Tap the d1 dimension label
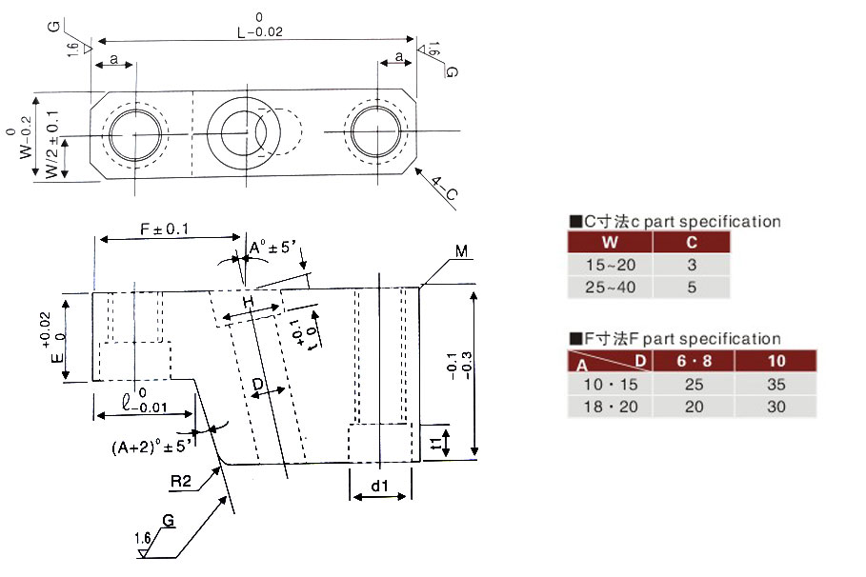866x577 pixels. pos(379,487)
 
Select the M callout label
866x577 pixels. pos(460,251)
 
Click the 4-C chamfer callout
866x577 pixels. pos(444,189)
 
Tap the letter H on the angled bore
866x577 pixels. pos(249,302)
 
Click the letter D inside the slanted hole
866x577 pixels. pos(257,385)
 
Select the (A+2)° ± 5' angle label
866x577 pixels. pos(152,444)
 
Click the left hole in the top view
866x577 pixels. pos(134,134)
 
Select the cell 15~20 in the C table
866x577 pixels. pos(612,265)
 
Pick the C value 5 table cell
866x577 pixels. pos(692,288)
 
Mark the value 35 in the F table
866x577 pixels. pos(777,385)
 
